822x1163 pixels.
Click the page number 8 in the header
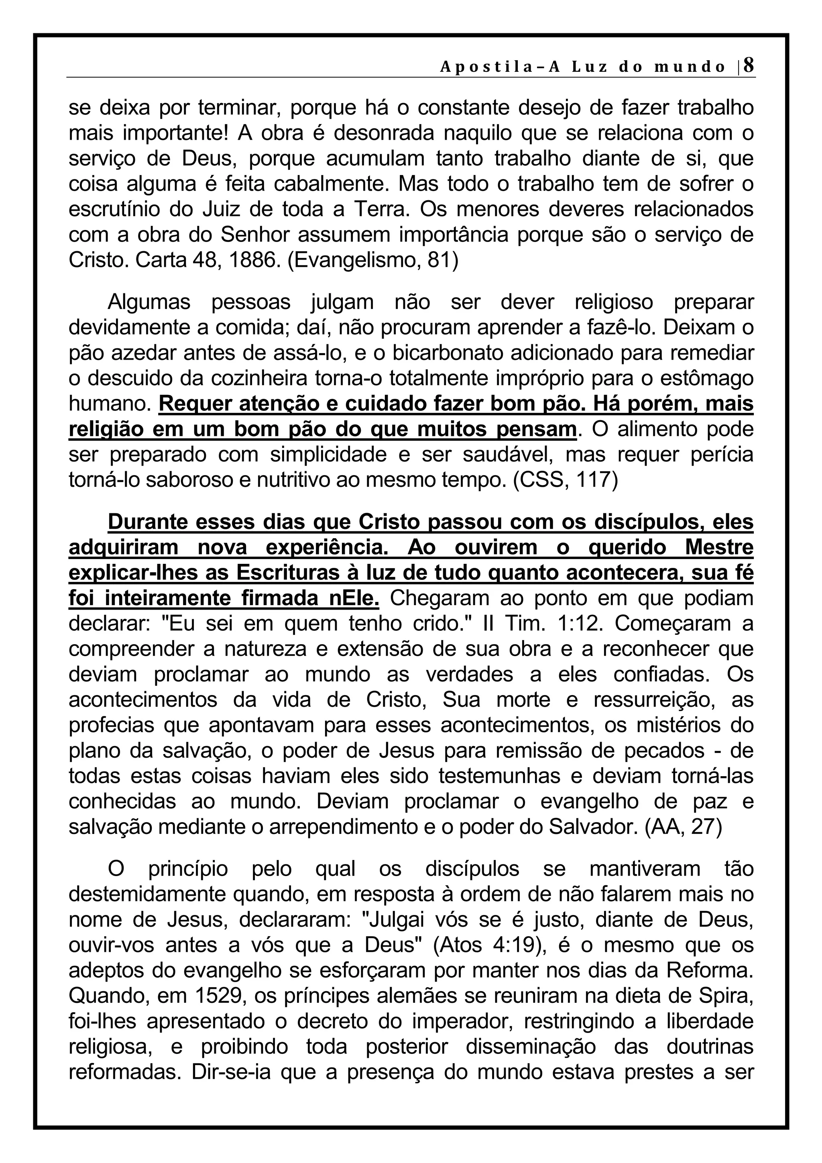(x=748, y=65)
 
